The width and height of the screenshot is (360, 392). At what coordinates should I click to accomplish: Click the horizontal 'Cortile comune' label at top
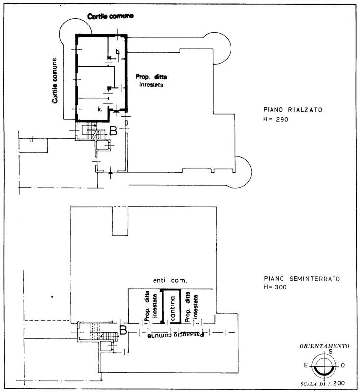pyautogui.click(x=110, y=16)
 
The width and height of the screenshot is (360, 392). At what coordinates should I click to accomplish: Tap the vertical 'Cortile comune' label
pyautogui.click(x=55, y=80)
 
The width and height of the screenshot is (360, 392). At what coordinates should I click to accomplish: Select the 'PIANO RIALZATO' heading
pyautogui.click(x=293, y=109)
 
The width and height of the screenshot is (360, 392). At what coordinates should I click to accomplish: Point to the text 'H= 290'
pyautogui.click(x=276, y=119)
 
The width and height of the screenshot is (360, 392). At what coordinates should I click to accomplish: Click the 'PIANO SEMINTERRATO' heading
pyautogui.click(x=302, y=278)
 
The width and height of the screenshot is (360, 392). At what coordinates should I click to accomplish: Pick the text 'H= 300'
pyautogui.click(x=275, y=287)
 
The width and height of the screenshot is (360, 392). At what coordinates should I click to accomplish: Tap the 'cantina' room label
pyautogui.click(x=172, y=309)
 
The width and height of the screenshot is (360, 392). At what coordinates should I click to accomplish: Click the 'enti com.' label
pyautogui.click(x=170, y=280)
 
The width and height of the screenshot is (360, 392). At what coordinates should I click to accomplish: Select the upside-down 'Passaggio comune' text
pyautogui.click(x=176, y=335)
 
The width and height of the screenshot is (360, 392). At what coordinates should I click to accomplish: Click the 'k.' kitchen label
pyautogui.click(x=100, y=109)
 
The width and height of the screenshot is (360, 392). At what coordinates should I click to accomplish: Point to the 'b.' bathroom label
pyautogui.click(x=118, y=52)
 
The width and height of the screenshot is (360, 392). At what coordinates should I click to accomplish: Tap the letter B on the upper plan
pyautogui.click(x=113, y=131)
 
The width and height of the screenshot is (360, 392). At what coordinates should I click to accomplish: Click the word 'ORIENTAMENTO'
pyautogui.click(x=324, y=346)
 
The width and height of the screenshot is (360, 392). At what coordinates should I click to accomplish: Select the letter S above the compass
pyautogui.click(x=331, y=352)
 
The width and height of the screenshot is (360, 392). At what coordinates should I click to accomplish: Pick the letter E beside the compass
pyautogui.click(x=306, y=365)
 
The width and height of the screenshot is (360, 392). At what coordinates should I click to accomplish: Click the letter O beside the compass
pyautogui.click(x=343, y=365)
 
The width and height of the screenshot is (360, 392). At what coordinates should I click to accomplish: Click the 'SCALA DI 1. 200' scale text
pyautogui.click(x=322, y=384)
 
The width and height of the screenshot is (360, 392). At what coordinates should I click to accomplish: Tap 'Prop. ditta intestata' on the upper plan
pyautogui.click(x=152, y=80)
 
